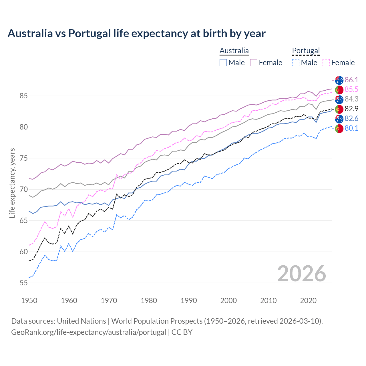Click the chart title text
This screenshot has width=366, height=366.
(x=136, y=33)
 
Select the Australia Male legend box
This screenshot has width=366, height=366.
(x=223, y=63)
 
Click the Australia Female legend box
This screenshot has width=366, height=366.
(x=254, y=63)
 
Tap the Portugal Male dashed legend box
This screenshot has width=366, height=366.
(x=296, y=63)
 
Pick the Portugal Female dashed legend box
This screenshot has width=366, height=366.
(x=326, y=63)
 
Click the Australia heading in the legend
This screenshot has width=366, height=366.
(x=234, y=51)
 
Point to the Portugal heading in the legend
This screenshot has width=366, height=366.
(x=306, y=51)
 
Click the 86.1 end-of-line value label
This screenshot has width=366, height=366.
(x=351, y=80)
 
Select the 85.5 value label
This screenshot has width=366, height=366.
(x=351, y=89)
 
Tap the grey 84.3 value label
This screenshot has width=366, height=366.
(x=351, y=99)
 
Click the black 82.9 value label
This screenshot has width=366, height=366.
(x=351, y=109)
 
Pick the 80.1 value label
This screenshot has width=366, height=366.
(x=351, y=128)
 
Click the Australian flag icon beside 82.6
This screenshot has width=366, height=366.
(x=339, y=119)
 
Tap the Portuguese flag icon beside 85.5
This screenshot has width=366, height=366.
(x=339, y=89)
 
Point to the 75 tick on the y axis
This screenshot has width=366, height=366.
(x=23, y=158)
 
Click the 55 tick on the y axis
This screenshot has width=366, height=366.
(x=23, y=283)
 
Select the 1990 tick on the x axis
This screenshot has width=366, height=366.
(x=188, y=301)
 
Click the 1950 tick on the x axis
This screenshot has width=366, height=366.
(x=29, y=301)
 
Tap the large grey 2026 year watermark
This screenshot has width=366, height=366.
(x=301, y=274)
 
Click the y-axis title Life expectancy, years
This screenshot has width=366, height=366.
(x=12, y=183)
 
